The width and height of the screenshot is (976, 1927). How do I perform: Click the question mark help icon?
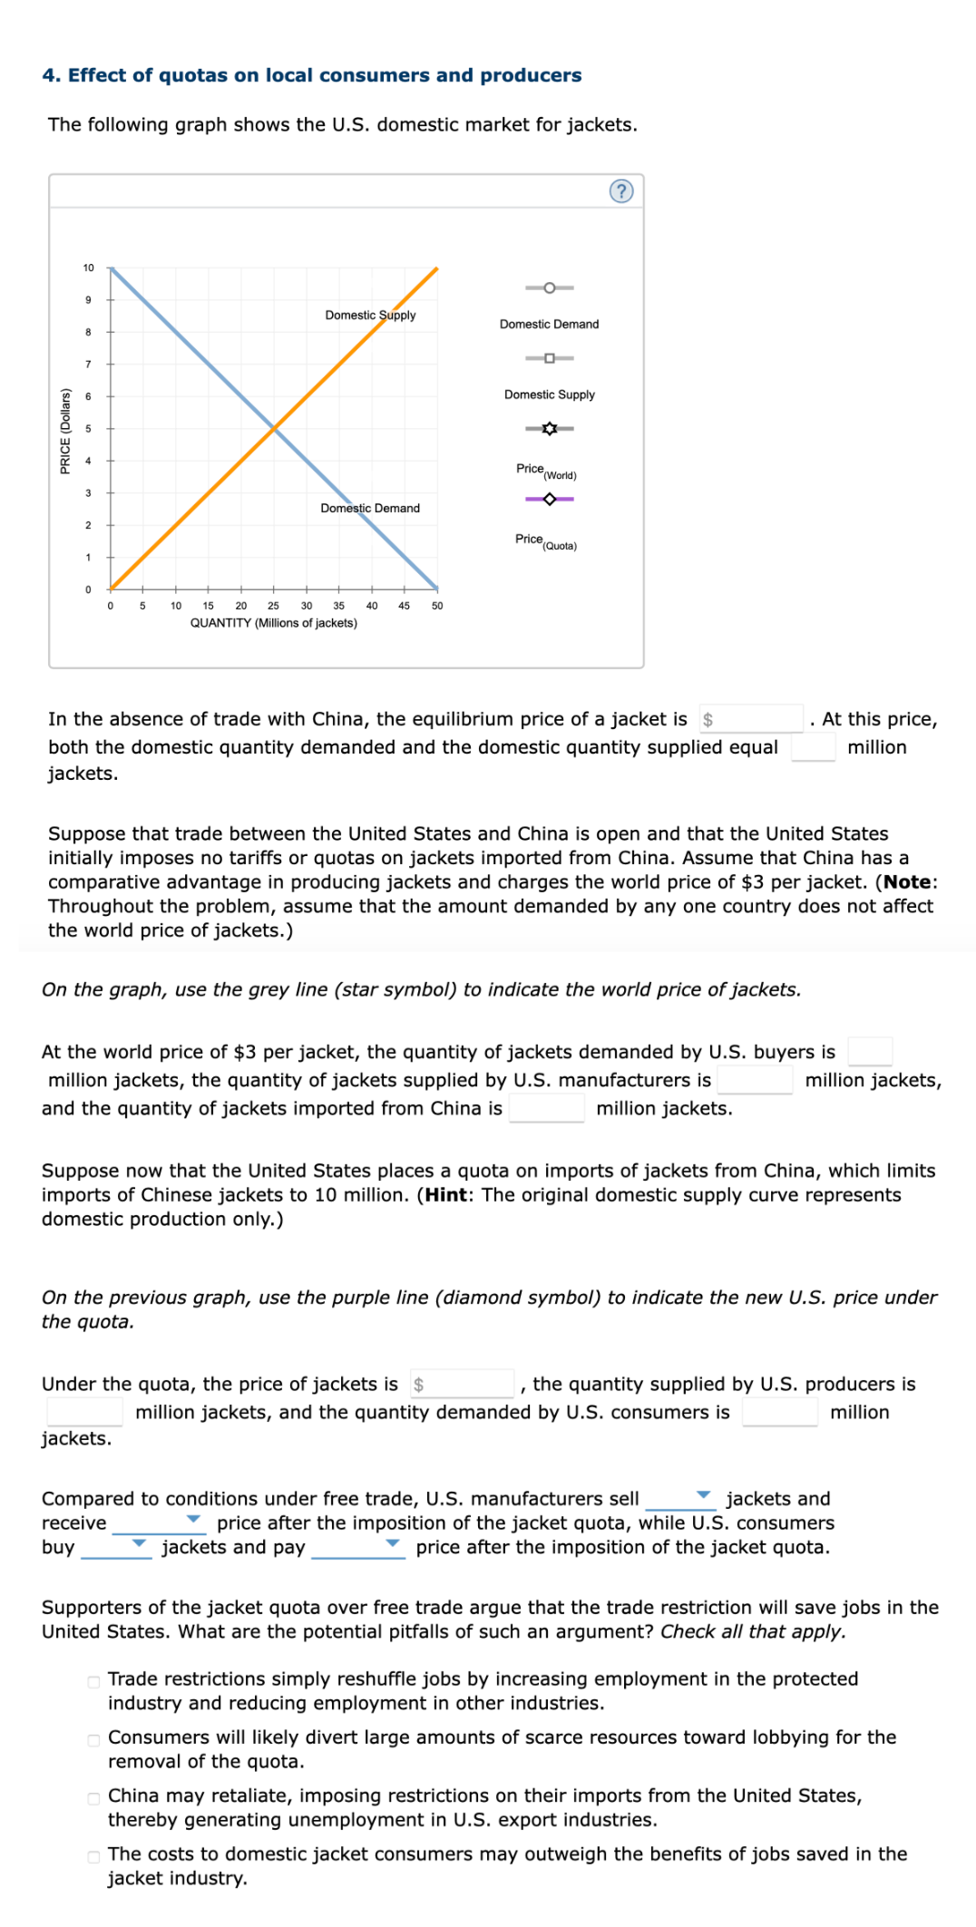pyautogui.click(x=621, y=191)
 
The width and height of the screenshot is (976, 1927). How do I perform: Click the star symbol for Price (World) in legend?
pyautogui.click(x=549, y=428)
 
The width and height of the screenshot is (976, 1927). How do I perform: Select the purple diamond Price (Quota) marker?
pyautogui.click(x=549, y=499)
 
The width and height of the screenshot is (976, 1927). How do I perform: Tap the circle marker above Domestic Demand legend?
pyautogui.click(x=549, y=287)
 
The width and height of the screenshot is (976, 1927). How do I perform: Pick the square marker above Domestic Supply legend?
pyautogui.click(x=549, y=358)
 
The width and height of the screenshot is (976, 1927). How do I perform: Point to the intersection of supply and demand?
pyautogui.click(x=274, y=428)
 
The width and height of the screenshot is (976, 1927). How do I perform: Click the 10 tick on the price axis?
pyautogui.click(x=89, y=268)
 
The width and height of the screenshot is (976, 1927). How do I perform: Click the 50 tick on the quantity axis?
pyautogui.click(x=437, y=606)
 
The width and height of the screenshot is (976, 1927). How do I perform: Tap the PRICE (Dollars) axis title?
pyautogui.click(x=65, y=431)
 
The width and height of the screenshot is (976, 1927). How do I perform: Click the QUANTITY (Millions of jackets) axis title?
pyautogui.click(x=273, y=623)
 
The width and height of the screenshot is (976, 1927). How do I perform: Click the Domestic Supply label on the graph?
pyautogui.click(x=370, y=315)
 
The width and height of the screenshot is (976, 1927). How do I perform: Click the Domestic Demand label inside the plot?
pyautogui.click(x=370, y=508)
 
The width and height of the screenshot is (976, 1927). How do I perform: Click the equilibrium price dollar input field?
pyautogui.click(x=753, y=719)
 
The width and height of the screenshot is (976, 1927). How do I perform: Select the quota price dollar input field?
pyautogui.click(x=464, y=1384)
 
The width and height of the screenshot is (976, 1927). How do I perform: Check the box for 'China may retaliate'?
pyautogui.click(x=93, y=1798)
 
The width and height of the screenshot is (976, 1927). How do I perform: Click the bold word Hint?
pyautogui.click(x=446, y=1194)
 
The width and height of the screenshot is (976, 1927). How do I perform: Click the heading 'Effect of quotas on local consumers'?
pyautogui.click(x=311, y=75)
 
